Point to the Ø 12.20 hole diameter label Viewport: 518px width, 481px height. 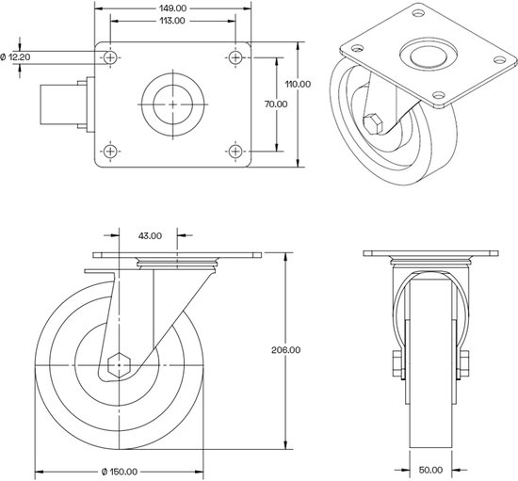pos(21,57)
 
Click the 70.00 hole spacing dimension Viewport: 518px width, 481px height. pos(276,104)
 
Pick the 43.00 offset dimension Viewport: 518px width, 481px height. pos(150,235)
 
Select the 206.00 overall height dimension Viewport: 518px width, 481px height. pos(289,350)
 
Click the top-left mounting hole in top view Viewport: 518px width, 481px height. pos(112,58)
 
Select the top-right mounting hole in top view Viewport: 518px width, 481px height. pos(234,58)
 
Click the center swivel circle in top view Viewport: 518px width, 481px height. pos(172,104)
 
